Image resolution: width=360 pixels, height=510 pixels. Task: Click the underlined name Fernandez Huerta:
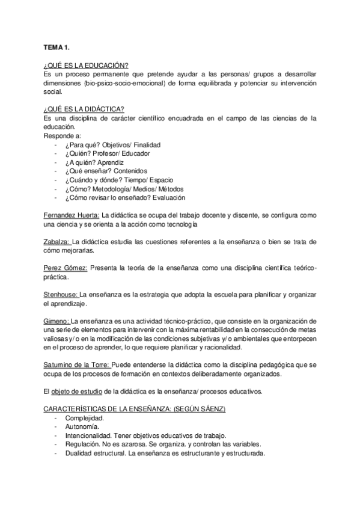[x=72, y=215]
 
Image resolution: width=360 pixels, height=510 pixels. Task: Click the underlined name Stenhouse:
[x=61, y=295]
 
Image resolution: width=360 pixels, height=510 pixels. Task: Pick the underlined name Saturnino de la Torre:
[x=77, y=365]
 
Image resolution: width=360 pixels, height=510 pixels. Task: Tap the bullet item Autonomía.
[x=82, y=427]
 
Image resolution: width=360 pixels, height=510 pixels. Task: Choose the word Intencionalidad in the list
[x=89, y=435]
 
